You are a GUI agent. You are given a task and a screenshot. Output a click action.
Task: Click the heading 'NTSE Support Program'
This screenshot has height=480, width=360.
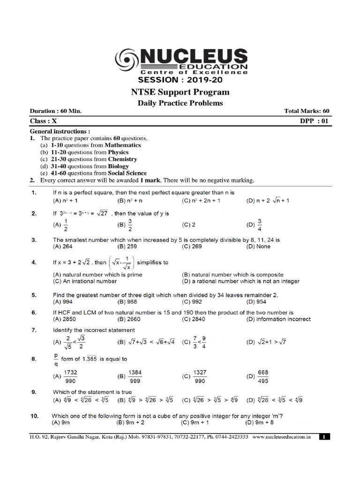(180, 92)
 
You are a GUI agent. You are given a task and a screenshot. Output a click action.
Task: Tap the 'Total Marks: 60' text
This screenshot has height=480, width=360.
(307, 111)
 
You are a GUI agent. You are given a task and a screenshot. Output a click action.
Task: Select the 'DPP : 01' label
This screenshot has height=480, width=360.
(315, 120)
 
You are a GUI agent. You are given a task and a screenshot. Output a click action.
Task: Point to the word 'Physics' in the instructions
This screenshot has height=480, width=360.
(118, 152)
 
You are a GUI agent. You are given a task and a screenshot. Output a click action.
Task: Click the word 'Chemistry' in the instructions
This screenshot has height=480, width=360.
(122, 159)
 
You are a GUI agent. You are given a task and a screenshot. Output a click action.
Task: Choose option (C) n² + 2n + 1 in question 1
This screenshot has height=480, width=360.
(201, 200)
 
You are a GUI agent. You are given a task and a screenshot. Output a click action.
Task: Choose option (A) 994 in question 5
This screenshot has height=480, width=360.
(65, 302)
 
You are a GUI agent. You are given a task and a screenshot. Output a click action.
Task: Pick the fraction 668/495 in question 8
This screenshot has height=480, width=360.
(262, 376)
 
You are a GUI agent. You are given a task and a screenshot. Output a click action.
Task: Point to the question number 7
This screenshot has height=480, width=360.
(34, 330)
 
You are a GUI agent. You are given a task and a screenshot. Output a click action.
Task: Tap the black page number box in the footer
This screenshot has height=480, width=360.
(324, 436)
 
